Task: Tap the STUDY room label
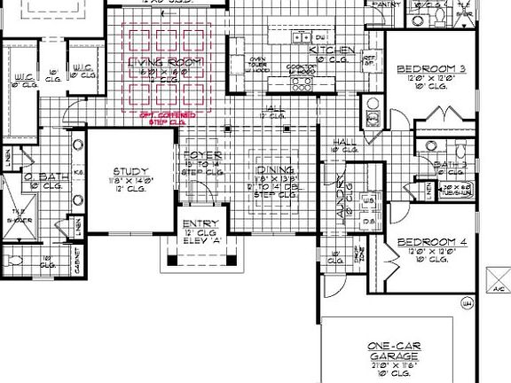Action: click(x=130, y=172)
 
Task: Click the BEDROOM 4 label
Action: click(x=428, y=241)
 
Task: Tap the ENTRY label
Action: click(x=195, y=223)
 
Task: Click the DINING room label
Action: click(x=273, y=170)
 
